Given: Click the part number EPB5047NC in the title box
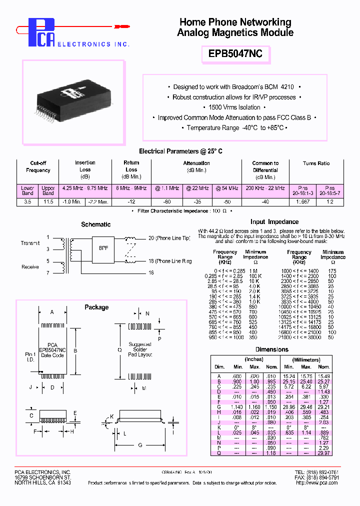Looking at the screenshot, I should [235, 53].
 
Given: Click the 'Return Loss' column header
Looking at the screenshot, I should [131, 169].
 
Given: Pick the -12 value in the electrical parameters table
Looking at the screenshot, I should [131, 201].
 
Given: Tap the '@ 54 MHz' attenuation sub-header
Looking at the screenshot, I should [226, 188].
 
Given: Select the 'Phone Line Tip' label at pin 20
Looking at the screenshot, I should [169, 238].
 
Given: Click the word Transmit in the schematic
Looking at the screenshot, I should [30, 243].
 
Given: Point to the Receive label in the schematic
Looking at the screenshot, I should [30, 267].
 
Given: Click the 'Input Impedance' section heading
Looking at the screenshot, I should [274, 221].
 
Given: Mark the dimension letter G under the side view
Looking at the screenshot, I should [140, 445].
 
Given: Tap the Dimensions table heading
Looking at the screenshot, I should [271, 349].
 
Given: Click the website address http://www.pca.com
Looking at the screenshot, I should [313, 483].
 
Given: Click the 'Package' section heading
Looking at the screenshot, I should [96, 307].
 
